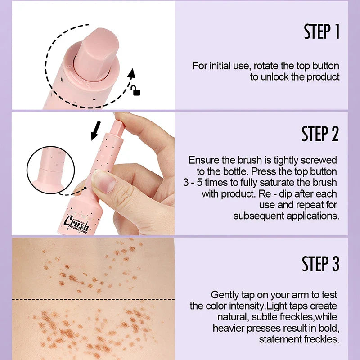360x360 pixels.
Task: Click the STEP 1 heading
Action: [x=321, y=31]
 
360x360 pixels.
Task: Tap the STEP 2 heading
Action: [x=320, y=134]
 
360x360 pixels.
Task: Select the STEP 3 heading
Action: [x=320, y=264]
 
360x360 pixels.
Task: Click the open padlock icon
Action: [x=136, y=90]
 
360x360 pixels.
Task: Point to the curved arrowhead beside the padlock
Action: [x=131, y=74]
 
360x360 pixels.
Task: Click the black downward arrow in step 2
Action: [x=96, y=130]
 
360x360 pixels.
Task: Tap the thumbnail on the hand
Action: [x=104, y=181]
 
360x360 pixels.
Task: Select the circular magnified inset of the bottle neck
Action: [x=51, y=170]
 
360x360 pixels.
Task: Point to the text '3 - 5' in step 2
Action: [x=193, y=183]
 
